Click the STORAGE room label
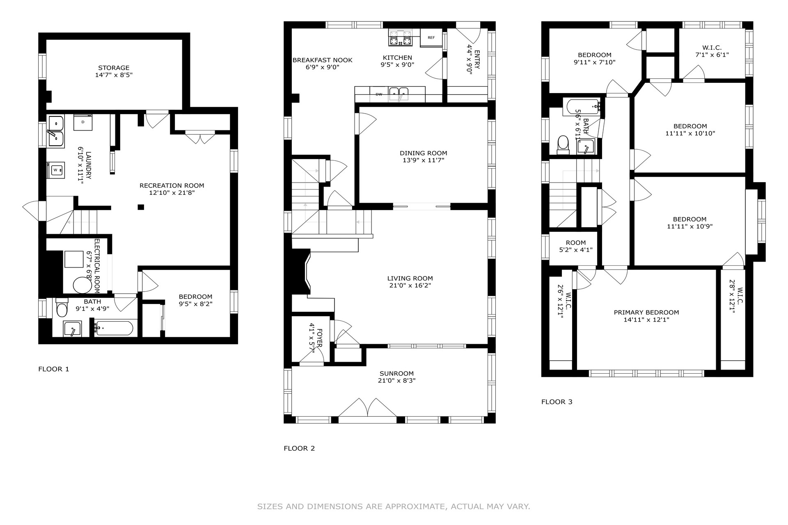114,68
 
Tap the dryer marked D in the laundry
83,122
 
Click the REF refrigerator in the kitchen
431,38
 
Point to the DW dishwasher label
379,94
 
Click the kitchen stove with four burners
400,38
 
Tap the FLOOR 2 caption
299,448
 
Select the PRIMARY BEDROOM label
646,313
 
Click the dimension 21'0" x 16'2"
410,285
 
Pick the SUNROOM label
396,374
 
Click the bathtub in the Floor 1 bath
114,328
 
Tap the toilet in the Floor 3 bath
563,145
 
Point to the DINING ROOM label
424,153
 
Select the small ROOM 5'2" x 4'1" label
576,246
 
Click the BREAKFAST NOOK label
322,60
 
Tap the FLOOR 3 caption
557,402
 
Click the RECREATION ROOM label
172,186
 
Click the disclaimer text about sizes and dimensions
394,507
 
